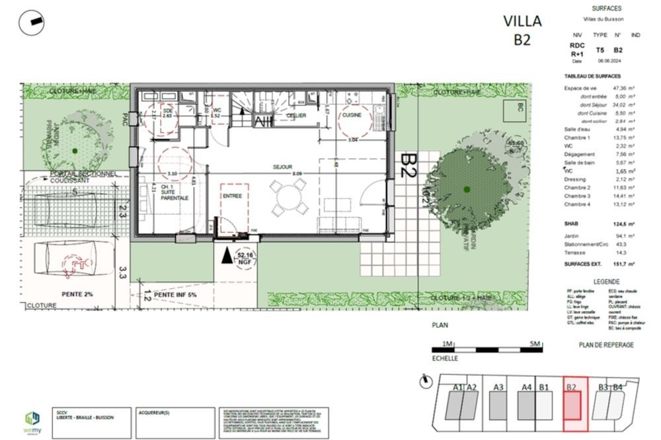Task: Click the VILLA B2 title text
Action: (x=522, y=30)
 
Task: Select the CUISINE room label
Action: (x=351, y=115)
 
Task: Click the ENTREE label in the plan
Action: (x=231, y=196)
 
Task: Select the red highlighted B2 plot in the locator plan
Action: (x=572, y=405)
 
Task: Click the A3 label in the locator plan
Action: (x=498, y=387)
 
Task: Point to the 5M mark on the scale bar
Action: (x=535, y=344)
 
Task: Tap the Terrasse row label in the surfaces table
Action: (x=575, y=252)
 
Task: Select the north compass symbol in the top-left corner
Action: (x=31, y=24)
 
